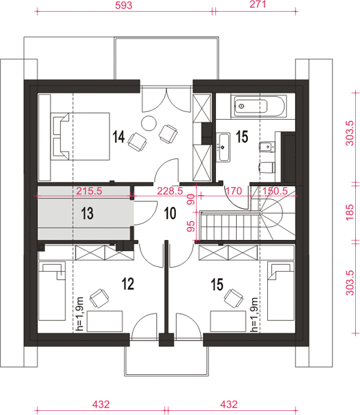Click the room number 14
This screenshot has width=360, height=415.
tap(118, 136)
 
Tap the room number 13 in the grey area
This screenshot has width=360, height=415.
tap(87, 213)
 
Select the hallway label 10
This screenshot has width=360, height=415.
tap(170, 213)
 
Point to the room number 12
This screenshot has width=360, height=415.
tap(128, 284)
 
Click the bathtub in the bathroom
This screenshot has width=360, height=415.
tap(260, 107)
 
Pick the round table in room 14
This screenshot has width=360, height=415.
tap(149, 123)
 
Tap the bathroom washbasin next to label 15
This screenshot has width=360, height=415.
tap(224, 147)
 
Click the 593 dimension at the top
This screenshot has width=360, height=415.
tap(123, 6)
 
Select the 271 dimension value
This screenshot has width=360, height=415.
tap(258, 5)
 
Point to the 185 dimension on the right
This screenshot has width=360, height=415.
tap(350, 212)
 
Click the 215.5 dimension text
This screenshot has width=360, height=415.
tap(89, 191)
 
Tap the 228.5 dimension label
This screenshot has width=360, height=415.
tap(170, 191)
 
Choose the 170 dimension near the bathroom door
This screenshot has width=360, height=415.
tap(233, 191)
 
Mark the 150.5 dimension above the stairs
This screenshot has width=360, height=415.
tap(275, 191)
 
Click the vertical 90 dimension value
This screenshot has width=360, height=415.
tap(190, 199)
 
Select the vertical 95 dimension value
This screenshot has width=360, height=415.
tap(190, 227)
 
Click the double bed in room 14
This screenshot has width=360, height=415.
tap(80, 136)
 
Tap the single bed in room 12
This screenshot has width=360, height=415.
tap(52, 291)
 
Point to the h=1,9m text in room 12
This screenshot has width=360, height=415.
tap(80, 314)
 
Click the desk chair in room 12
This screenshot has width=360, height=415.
tap(99, 298)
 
